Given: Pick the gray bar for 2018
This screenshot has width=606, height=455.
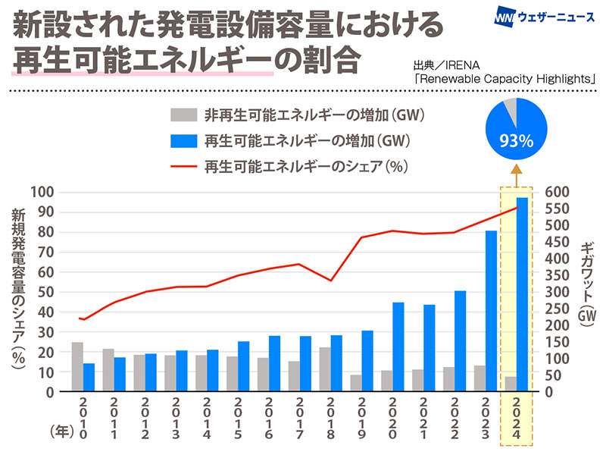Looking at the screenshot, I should point(324,369).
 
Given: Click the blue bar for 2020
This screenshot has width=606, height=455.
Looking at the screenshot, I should point(398,347).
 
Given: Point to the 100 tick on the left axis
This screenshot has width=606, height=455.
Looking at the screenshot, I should point(48,192).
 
